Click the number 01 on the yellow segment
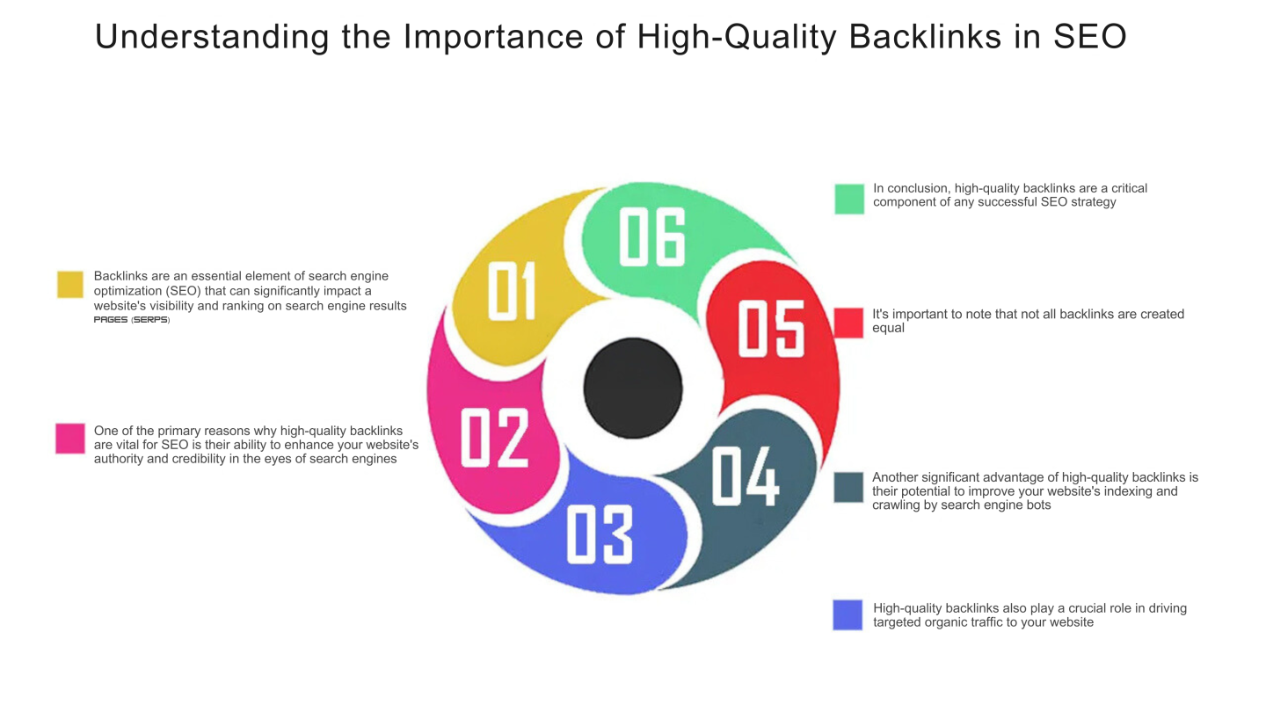tap(512, 291)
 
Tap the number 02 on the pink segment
tap(494, 438)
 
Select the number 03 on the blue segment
tap(599, 534)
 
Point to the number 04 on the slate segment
tap(745, 476)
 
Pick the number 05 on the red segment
tap(771, 328)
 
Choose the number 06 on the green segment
tap(652, 236)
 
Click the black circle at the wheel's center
tap(633, 389)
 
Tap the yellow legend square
tap(70, 284)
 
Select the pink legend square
tap(70, 439)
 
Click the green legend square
tap(849, 199)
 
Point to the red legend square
tap(849, 323)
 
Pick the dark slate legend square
tap(849, 487)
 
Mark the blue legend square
tap(848, 614)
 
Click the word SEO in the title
tap(1089, 37)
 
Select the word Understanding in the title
tap(212, 38)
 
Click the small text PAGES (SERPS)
tap(132, 320)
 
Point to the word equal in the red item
tap(888, 329)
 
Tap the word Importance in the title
tap(493, 38)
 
